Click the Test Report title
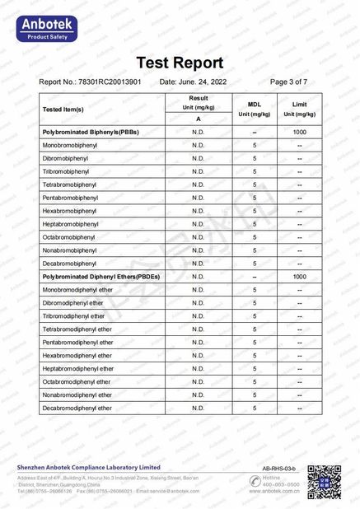click(x=179, y=63)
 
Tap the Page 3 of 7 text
click(x=288, y=82)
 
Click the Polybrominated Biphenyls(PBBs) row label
click(x=91, y=132)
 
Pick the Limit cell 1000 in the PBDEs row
click(x=299, y=277)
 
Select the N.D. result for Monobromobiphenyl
click(x=198, y=145)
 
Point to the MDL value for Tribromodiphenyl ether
click(x=255, y=316)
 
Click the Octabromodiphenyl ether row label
click(x=77, y=382)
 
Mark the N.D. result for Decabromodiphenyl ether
click(x=198, y=409)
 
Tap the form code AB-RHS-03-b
click(x=279, y=467)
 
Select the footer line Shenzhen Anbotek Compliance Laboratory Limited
click(x=89, y=467)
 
